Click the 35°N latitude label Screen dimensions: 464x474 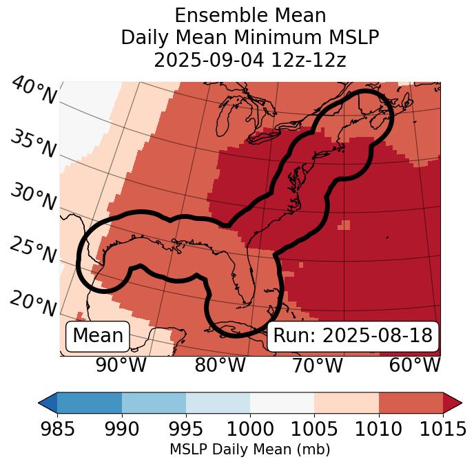32,144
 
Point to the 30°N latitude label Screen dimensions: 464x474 32,197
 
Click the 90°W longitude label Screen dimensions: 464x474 121,365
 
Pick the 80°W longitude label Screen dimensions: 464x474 220,365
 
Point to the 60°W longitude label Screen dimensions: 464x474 415,365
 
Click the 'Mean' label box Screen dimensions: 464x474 98,336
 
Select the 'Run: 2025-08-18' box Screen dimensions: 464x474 353,336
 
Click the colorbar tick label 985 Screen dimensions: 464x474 57,429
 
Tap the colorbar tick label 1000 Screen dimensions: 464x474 250,429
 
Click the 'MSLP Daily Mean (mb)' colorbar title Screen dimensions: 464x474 249,450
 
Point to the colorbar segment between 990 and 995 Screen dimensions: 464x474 154,403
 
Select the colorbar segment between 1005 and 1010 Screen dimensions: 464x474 347,403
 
